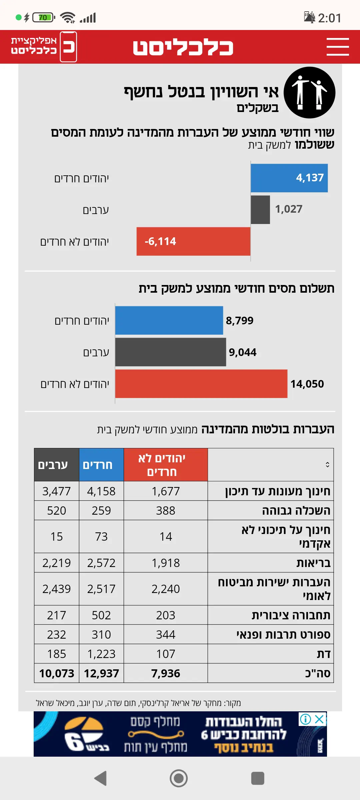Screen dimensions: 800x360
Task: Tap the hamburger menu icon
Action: (337, 47)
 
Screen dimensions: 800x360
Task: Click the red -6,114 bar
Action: (193, 241)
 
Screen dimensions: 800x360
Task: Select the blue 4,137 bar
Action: (289, 178)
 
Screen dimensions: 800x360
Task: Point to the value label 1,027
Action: (289, 209)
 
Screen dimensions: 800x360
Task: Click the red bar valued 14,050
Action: (201, 384)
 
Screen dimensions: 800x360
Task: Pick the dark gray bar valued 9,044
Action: (170, 352)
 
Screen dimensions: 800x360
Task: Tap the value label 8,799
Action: (240, 321)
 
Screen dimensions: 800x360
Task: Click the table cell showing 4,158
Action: (101, 491)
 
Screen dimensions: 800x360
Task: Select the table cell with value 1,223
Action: (101, 654)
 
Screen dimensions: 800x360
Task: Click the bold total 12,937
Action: (101, 673)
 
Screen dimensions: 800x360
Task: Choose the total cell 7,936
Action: (166, 673)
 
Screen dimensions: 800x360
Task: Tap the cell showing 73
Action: (101, 537)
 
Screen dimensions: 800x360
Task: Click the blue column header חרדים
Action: (98, 465)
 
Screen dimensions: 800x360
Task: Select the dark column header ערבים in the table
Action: (53, 465)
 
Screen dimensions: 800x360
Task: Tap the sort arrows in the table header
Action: (327, 465)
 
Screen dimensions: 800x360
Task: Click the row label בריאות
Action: (313, 563)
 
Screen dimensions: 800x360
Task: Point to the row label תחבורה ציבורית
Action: (291, 615)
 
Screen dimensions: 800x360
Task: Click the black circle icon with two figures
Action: (309, 93)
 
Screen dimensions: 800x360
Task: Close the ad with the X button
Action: (319, 719)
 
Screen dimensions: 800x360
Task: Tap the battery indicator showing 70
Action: (43, 17)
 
